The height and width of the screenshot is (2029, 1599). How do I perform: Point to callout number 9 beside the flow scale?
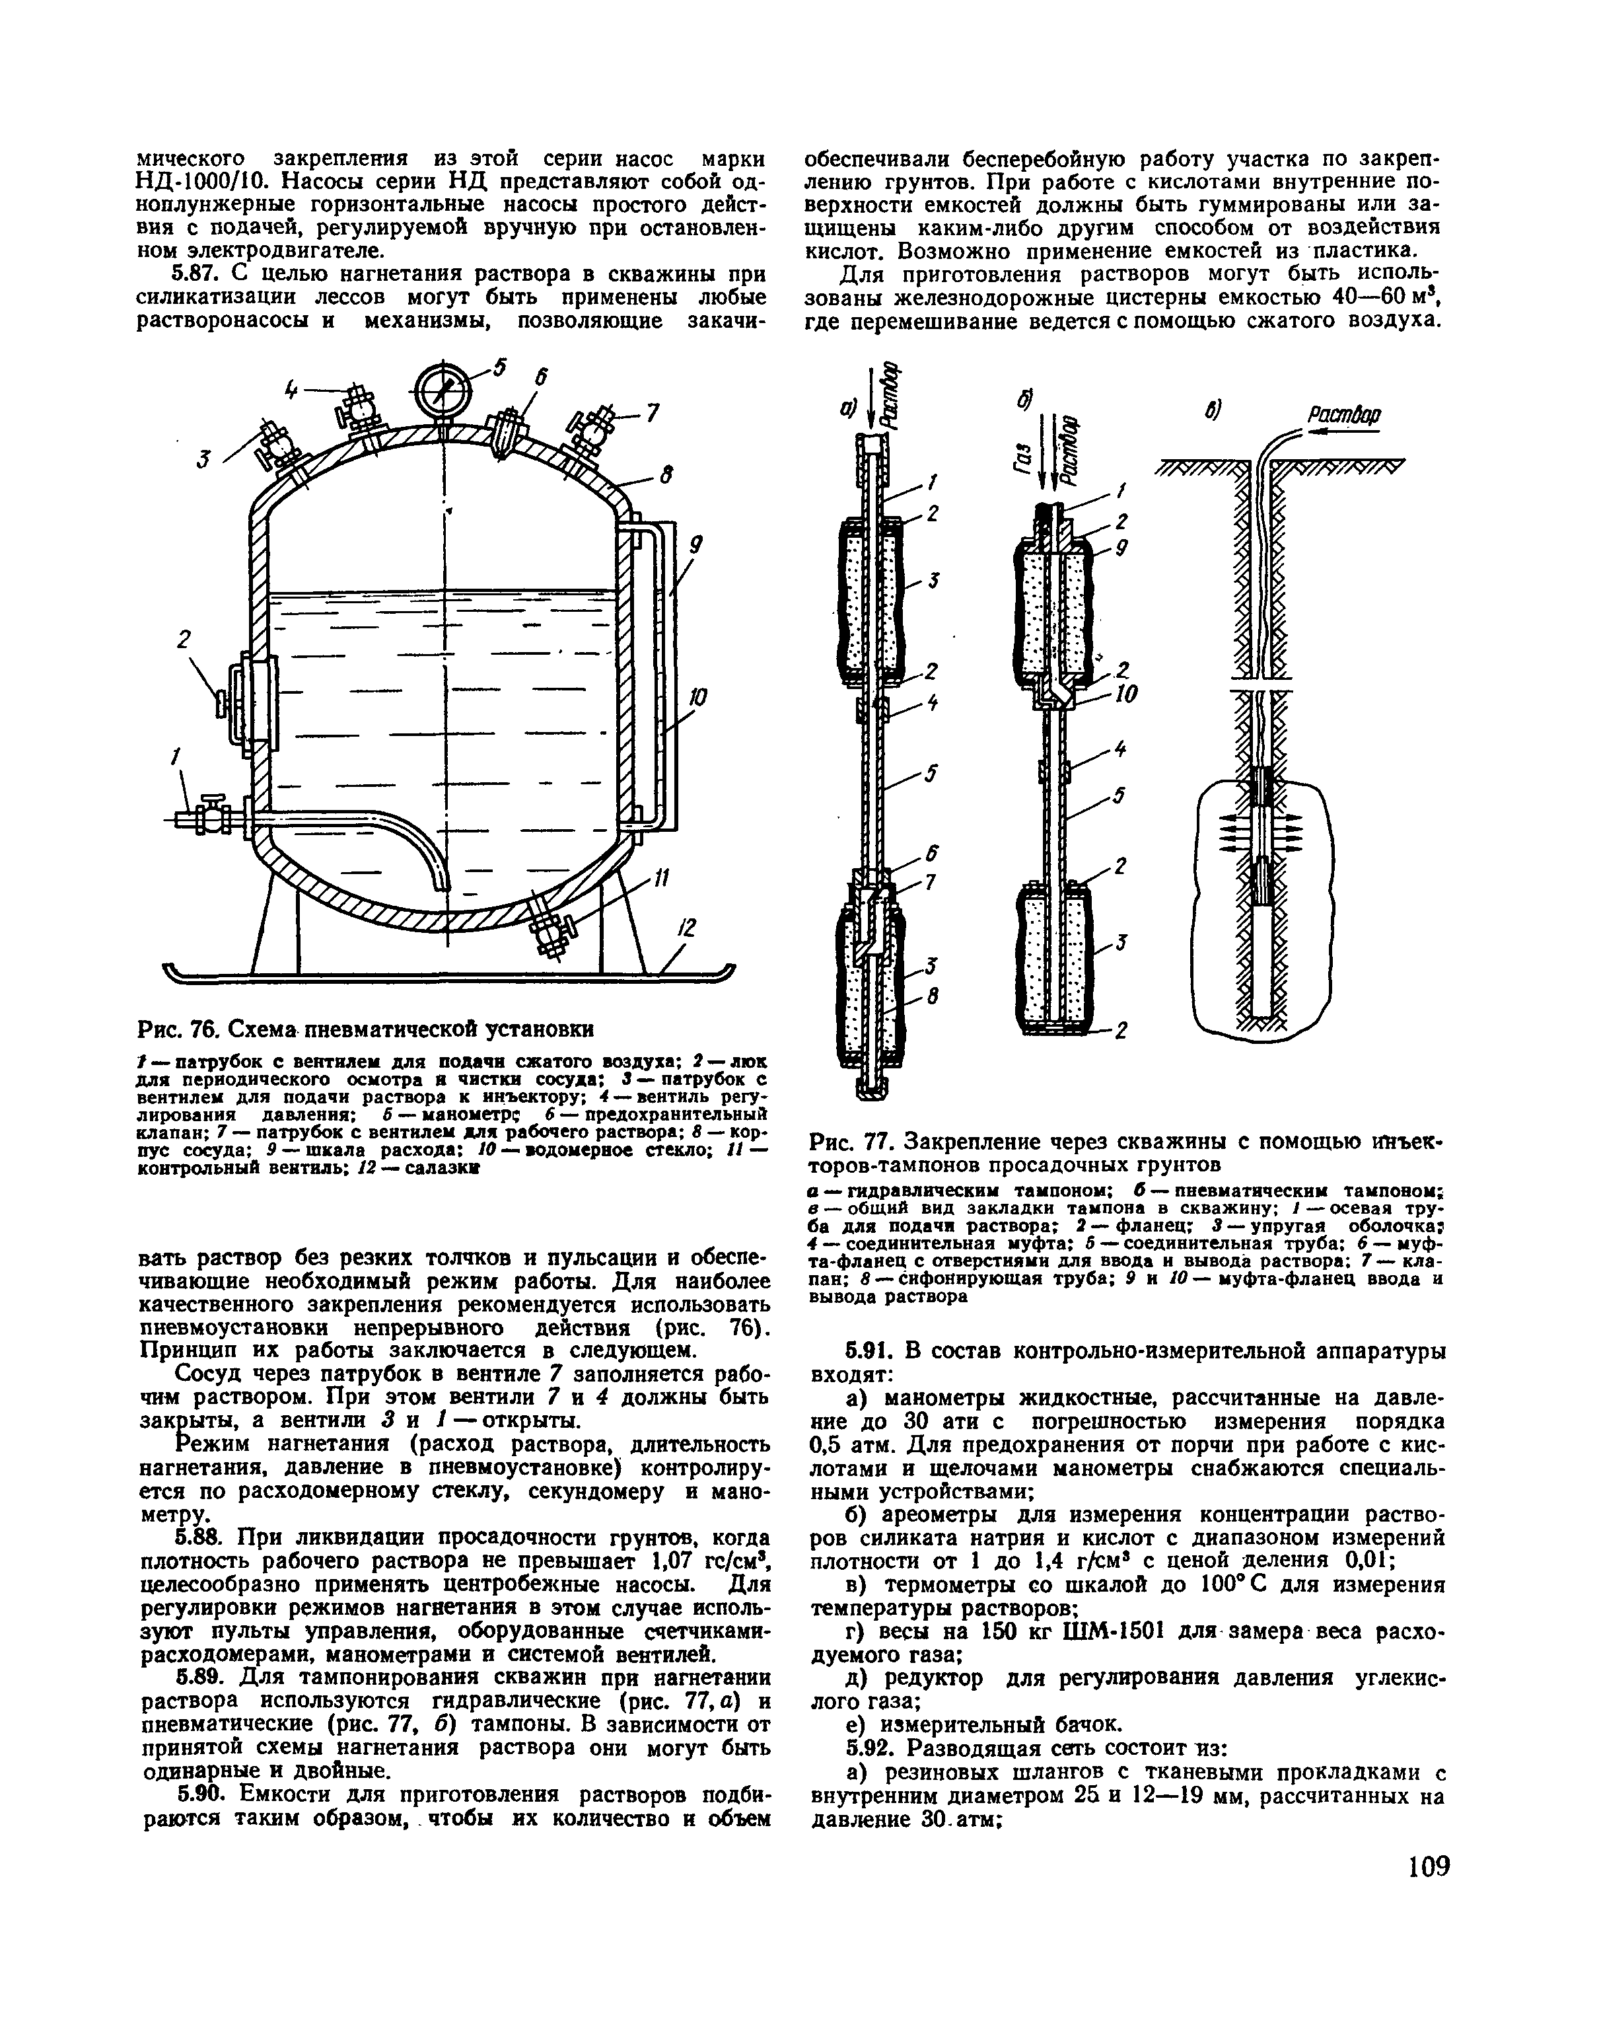click(697, 545)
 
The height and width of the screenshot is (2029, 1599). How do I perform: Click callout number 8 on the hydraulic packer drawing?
click(931, 999)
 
